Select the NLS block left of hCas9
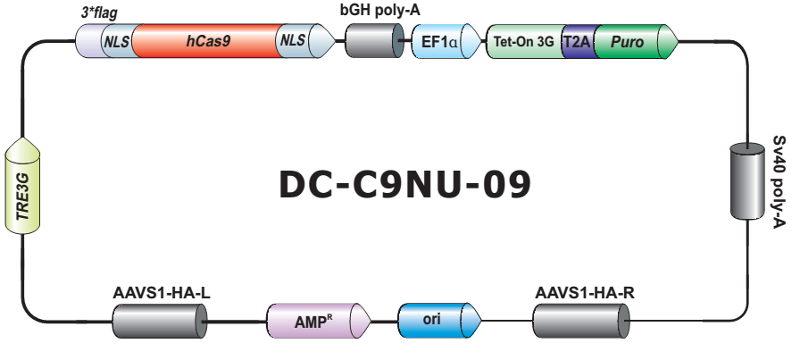click(x=117, y=40)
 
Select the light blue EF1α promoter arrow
click(x=438, y=41)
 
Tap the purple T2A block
click(x=578, y=41)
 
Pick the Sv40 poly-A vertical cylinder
click(x=746, y=179)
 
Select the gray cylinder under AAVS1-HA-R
click(x=581, y=319)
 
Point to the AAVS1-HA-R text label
click(x=585, y=292)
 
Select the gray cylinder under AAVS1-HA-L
click(x=160, y=319)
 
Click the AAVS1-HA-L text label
click(x=162, y=292)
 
